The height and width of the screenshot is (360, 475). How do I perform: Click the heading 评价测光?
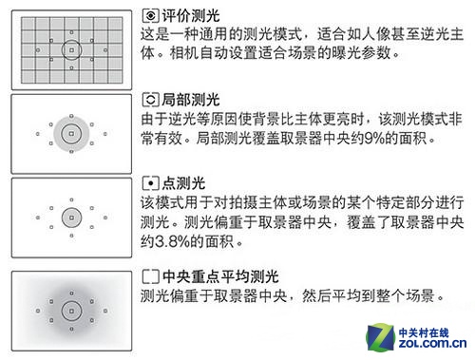click(x=191, y=16)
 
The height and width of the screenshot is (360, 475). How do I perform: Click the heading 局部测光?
click(x=191, y=100)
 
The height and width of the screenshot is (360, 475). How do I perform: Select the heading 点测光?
click(x=183, y=183)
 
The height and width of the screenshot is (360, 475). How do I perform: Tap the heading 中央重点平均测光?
click(x=220, y=276)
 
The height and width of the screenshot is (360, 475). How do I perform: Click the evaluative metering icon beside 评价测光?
click(x=150, y=16)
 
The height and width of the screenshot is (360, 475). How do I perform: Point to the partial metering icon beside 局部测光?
click(x=150, y=100)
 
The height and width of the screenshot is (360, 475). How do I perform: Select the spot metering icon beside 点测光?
click(x=150, y=183)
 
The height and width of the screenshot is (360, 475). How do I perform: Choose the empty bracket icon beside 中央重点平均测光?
click(x=150, y=276)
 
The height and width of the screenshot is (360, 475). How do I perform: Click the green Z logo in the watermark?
click(x=381, y=337)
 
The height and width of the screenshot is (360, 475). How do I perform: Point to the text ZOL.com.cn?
click(x=432, y=344)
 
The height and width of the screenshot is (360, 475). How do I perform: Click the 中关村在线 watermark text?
click(x=424, y=333)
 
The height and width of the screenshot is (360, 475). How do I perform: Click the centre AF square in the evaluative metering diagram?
click(x=71, y=50)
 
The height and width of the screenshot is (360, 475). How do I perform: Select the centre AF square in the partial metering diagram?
click(x=71, y=134)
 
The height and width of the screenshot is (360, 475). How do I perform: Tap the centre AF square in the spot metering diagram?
click(x=71, y=218)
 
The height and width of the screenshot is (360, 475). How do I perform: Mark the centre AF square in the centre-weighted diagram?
click(x=71, y=312)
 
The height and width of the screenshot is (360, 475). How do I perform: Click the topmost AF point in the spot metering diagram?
click(x=71, y=199)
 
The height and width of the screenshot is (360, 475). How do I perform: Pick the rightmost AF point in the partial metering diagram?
click(x=105, y=134)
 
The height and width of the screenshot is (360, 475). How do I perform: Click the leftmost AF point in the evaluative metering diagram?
click(x=38, y=50)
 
